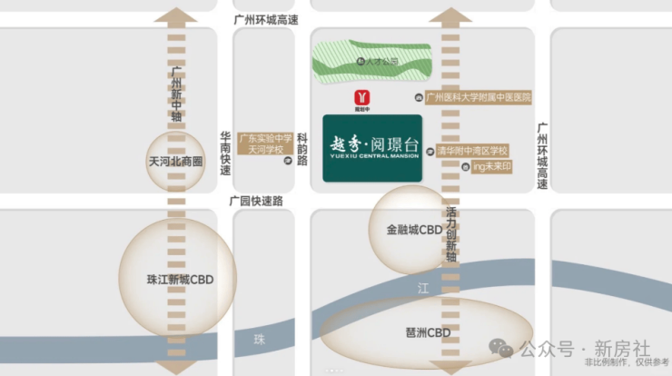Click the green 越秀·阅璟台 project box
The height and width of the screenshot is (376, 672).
(371, 147)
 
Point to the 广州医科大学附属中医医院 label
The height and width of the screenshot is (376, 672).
(478, 97)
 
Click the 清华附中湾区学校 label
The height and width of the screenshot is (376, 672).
(471, 150)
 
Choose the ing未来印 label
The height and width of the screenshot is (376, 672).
(492, 167)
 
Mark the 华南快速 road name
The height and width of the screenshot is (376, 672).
(225, 153)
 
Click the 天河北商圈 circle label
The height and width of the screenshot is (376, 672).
(175, 162)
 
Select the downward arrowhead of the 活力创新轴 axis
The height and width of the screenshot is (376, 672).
(450, 366)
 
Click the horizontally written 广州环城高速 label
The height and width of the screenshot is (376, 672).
(266, 18)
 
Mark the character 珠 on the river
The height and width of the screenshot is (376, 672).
(260, 338)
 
